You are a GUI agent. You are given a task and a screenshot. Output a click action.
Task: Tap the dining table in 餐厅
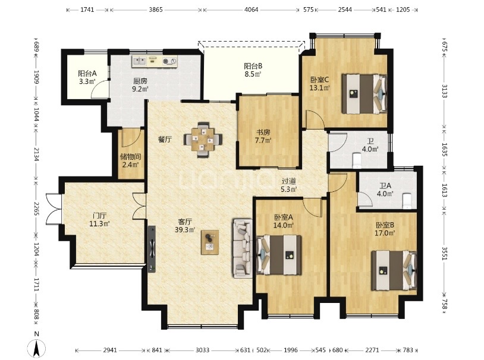[203, 139]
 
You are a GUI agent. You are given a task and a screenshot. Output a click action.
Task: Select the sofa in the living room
[244, 248]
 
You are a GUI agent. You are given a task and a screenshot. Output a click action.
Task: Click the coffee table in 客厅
[210, 241]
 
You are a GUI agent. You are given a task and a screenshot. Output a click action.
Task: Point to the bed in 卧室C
[364, 93]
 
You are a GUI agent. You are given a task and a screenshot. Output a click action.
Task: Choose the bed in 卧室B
[391, 269]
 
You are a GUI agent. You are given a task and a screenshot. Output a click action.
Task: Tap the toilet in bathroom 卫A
[407, 201]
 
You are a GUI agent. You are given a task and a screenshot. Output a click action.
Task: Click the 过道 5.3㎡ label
[289, 185]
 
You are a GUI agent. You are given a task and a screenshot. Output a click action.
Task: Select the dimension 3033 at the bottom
[203, 350]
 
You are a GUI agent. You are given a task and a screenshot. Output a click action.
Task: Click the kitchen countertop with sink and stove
[155, 60]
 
